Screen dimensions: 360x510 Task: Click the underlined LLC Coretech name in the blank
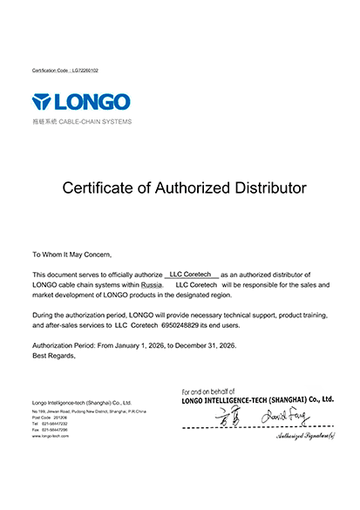click(190, 275)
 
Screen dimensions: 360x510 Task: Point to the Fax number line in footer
click(51, 429)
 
